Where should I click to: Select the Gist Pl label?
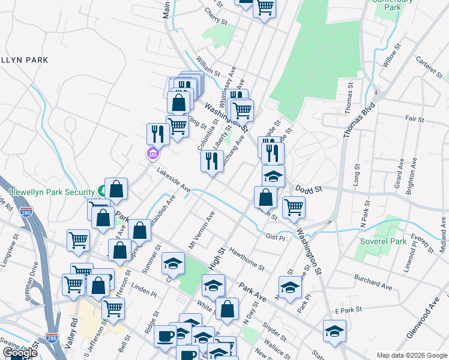tap(275, 238)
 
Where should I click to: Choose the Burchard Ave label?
tap(373, 283)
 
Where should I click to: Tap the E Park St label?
tap(346, 310)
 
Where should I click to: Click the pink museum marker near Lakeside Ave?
tap(152, 154)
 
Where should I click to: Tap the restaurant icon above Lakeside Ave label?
tap(212, 161)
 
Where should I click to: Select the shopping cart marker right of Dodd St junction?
tap(294, 207)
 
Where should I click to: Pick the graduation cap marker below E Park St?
tap(334, 331)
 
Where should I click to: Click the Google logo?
tap(20, 353)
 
